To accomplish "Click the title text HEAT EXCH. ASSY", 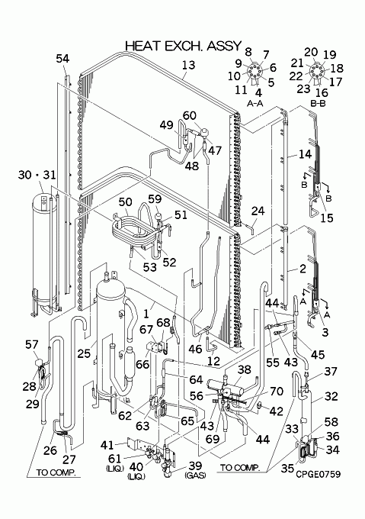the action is point(184,46).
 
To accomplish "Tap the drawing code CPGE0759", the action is point(318,474).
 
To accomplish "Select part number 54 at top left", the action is point(62,59).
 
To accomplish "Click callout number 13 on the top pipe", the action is point(189,65).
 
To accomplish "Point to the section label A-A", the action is point(255,104).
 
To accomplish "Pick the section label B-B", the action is point(318,104).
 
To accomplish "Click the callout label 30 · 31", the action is point(37,175).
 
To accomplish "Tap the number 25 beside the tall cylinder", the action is point(84,353).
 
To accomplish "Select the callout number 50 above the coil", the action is point(125,202).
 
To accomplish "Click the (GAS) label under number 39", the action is point(195,475).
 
